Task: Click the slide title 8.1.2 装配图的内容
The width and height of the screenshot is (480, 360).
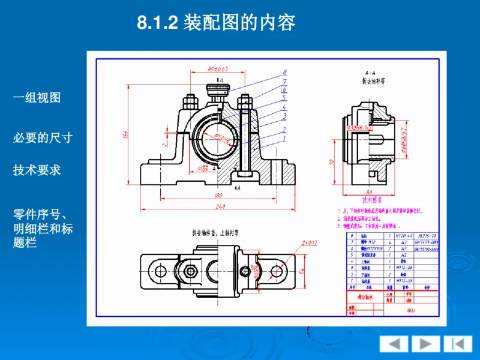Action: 217,23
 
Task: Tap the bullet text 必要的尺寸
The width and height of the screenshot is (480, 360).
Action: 43,137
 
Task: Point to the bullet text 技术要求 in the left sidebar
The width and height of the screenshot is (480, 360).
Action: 37,170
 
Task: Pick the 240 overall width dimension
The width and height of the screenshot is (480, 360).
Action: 221,207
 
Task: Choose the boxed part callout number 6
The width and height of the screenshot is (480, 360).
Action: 284,89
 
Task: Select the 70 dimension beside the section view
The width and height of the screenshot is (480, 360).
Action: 332,162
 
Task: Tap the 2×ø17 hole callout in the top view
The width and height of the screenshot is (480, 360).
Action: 310,242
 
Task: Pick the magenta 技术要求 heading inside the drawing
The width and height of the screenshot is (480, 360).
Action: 372,200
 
